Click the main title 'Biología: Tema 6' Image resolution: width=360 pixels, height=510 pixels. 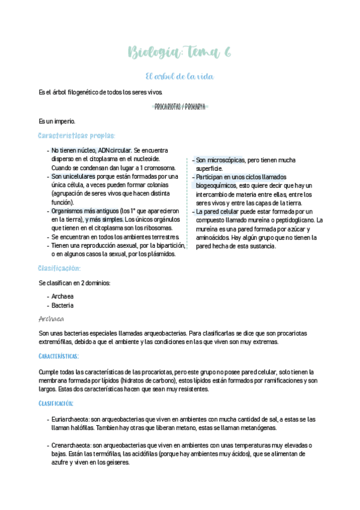pos(180,54)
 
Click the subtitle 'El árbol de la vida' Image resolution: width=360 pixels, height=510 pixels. pos(180,76)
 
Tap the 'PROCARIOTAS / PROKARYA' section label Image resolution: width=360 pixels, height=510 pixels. pos(180,106)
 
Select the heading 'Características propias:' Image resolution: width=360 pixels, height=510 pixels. pos(76,135)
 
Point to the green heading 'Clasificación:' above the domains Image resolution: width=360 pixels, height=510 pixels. pos(59,268)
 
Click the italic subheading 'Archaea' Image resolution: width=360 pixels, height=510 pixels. pos(51,319)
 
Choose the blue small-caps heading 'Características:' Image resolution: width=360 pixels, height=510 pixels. pos(62,356)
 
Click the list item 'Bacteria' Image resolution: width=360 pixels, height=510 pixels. pos(63,305)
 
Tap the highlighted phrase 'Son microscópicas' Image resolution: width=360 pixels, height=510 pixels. pos(220,160)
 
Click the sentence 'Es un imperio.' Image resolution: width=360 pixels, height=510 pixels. pos(56,121)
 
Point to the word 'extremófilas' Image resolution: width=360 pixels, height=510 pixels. pos(58,342)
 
